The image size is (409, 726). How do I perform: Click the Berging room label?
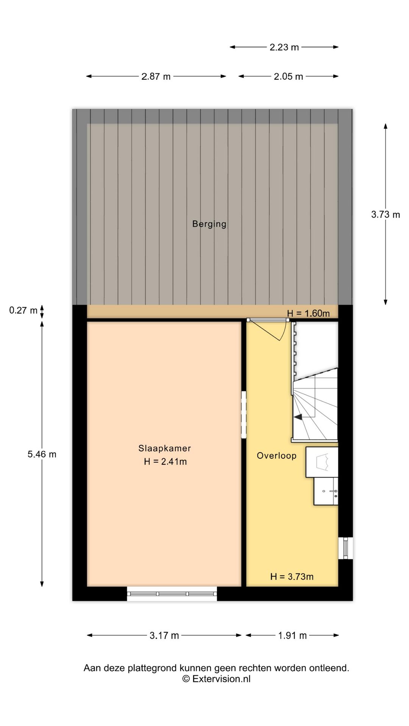point(209,224)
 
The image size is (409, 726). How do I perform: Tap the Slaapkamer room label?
point(164,448)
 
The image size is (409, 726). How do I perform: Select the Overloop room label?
point(276,456)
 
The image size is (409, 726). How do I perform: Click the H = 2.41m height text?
point(165,461)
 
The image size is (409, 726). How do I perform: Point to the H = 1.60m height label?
point(308,313)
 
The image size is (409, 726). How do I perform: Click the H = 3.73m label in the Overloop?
point(292,577)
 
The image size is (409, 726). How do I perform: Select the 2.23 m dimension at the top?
point(284,47)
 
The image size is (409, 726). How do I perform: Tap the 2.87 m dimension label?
point(156,76)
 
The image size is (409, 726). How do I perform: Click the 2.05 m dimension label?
point(289,76)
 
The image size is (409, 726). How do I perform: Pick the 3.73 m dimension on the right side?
point(386,214)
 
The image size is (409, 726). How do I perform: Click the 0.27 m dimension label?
point(23,310)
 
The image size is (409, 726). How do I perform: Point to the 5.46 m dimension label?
point(42,454)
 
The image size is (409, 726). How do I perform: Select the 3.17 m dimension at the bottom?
point(164,636)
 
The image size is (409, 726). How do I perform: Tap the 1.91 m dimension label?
point(292,636)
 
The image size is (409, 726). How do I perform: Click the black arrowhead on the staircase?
point(298,417)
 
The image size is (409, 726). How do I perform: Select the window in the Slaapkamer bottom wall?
point(172,594)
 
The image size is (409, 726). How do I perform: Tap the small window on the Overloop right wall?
point(345,548)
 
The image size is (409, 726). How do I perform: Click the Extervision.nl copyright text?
point(216,679)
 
